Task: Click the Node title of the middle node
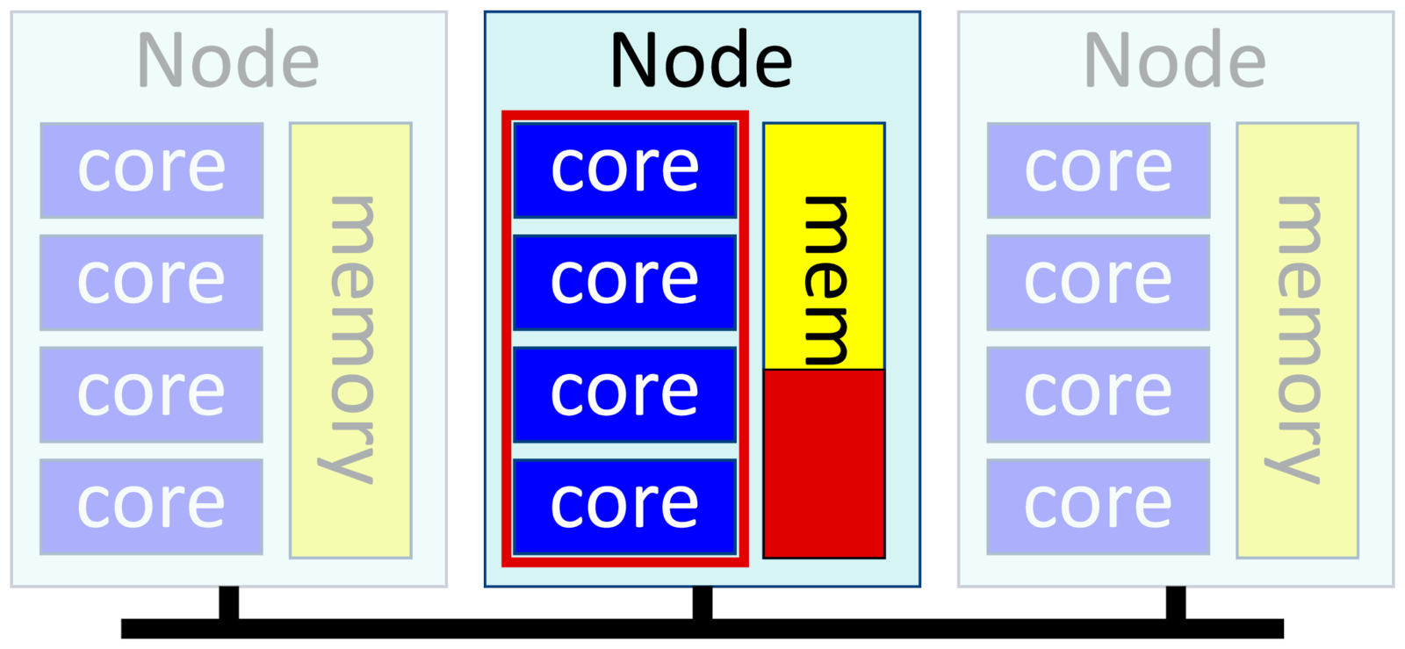(x=701, y=60)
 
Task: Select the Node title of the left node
(x=227, y=60)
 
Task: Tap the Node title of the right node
(x=1175, y=60)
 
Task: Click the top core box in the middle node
(x=624, y=169)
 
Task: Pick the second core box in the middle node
(x=624, y=282)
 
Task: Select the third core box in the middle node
(x=624, y=394)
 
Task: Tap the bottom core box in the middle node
(x=624, y=507)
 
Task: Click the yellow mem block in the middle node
(x=824, y=246)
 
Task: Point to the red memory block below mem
(x=824, y=464)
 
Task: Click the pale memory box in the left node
(x=350, y=340)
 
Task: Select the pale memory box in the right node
(x=1297, y=340)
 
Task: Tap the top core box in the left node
(x=151, y=169)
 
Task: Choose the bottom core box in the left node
(x=151, y=507)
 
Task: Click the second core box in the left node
(x=151, y=282)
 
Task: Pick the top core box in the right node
(x=1099, y=169)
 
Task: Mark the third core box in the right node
(x=1099, y=394)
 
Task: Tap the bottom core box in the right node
(x=1099, y=507)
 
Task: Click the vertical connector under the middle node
(x=702, y=602)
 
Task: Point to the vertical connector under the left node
(x=228, y=602)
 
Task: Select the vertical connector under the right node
(x=1176, y=602)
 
